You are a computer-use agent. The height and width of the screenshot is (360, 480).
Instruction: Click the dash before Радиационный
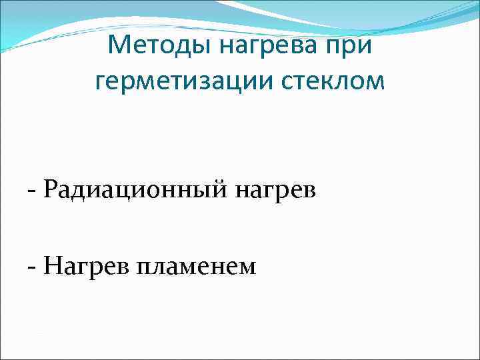[32, 192]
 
